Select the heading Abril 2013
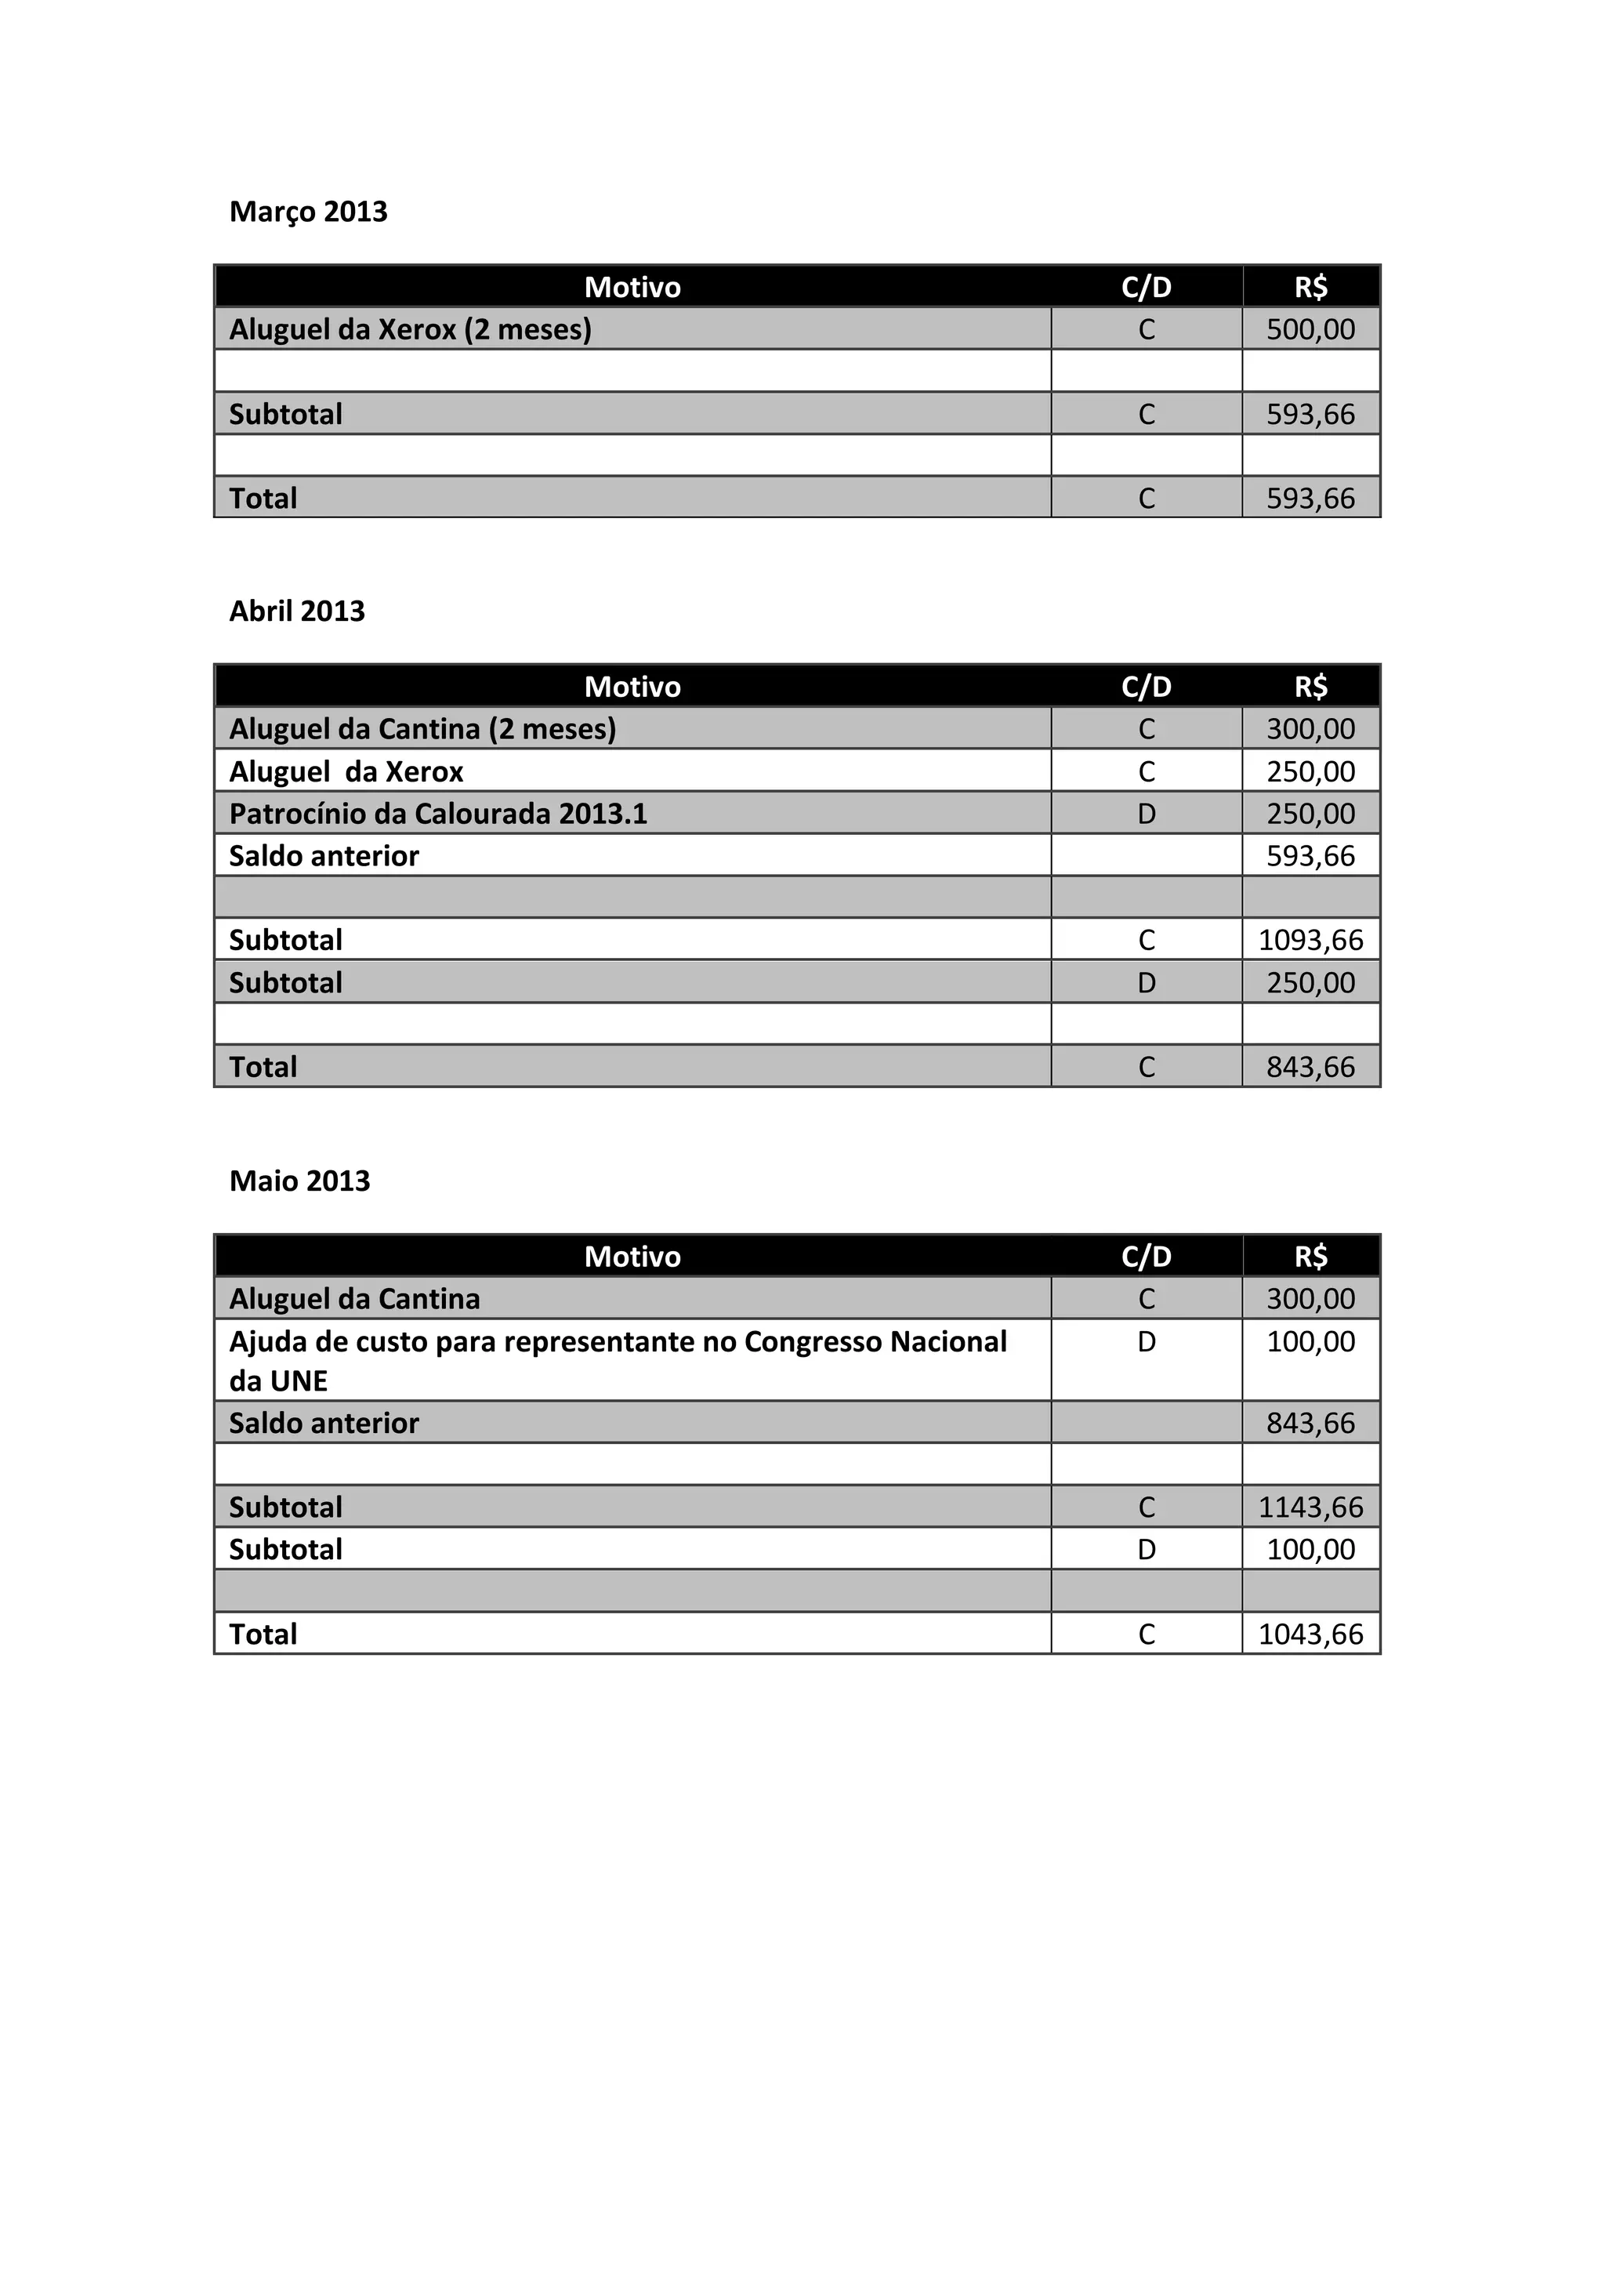click(297, 611)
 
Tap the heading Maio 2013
click(299, 1181)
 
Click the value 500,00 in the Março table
click(1310, 329)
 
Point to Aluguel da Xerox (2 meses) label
click(409, 329)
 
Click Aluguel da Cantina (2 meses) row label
click(422, 729)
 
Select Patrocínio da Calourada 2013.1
click(438, 813)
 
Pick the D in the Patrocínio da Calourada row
click(1146, 813)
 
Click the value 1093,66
click(1310, 940)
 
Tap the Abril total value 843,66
click(1310, 1066)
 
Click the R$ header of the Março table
click(1310, 287)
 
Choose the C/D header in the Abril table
click(1146, 687)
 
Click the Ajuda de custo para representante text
click(617, 1342)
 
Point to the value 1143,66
click(1310, 1507)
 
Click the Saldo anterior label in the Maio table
click(324, 1424)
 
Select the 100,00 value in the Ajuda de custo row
click(1310, 1342)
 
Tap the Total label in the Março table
click(263, 499)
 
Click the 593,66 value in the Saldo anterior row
click(1310, 855)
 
